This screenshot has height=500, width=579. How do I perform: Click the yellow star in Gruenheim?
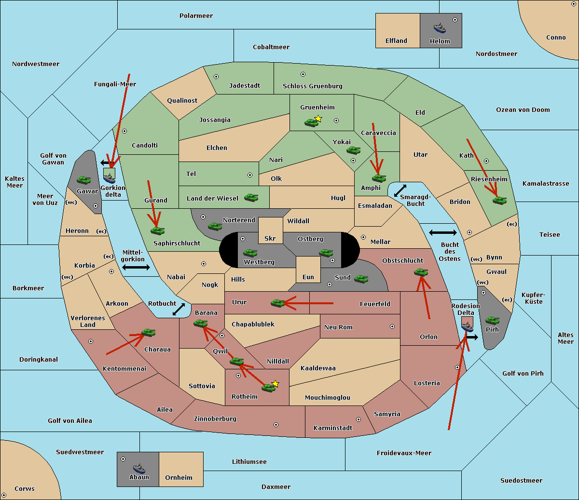click(318, 119)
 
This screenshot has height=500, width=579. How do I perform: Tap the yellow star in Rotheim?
click(275, 384)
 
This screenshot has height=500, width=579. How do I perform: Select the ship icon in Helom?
click(440, 28)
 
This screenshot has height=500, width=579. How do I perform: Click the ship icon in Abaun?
click(139, 468)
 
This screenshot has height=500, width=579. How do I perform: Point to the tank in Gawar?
click(84, 180)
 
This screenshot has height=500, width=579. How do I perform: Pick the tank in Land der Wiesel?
click(251, 197)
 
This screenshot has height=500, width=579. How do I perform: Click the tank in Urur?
click(277, 303)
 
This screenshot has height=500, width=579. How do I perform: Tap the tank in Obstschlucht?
click(421, 272)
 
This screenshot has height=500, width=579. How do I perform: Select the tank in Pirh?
click(492, 320)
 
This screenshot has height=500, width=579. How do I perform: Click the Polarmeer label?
click(196, 16)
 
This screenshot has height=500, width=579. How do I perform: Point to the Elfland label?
click(396, 41)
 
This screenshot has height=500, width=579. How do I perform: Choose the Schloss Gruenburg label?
click(312, 86)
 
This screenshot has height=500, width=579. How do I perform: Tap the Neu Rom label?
click(338, 327)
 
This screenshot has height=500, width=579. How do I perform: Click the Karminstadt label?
click(333, 428)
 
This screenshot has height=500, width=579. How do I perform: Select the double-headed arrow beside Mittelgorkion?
click(136, 267)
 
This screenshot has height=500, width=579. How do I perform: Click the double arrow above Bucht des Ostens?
click(442, 233)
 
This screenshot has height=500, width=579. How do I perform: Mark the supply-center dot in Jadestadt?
click(216, 77)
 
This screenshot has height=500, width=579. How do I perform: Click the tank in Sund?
click(361, 279)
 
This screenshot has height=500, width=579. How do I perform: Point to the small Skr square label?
click(270, 238)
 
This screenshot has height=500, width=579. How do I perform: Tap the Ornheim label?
click(179, 478)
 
